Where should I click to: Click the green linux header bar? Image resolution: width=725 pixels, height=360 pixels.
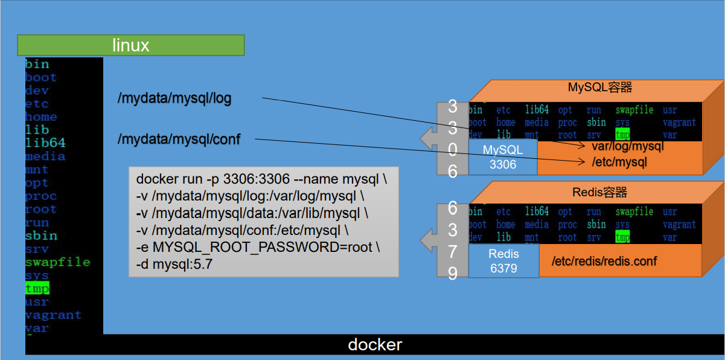(x=130, y=45)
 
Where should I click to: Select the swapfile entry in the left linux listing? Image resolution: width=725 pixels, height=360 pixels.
(x=57, y=262)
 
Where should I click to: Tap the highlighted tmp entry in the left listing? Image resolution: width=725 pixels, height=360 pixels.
(x=37, y=289)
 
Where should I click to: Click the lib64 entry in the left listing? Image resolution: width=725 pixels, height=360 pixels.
(x=45, y=143)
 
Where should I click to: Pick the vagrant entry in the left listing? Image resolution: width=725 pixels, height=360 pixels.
(x=53, y=315)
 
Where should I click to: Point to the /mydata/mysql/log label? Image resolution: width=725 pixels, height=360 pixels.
(x=174, y=98)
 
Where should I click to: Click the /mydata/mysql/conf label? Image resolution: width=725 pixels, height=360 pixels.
(x=179, y=140)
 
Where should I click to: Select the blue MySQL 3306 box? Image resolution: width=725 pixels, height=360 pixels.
(x=503, y=158)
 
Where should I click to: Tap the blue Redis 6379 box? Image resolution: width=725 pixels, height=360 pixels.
(x=503, y=261)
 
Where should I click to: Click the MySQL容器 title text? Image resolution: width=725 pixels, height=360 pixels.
(x=599, y=88)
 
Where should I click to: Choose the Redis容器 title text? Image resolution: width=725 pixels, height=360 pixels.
(x=599, y=192)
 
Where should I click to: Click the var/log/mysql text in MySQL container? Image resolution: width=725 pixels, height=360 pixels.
(x=627, y=146)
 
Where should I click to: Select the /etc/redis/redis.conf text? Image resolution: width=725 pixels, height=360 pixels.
(x=604, y=261)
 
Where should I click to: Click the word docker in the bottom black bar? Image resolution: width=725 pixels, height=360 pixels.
(x=375, y=344)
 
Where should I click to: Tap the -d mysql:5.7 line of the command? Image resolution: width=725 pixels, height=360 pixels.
(x=174, y=264)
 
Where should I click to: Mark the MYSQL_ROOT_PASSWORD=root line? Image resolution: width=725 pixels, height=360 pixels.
(x=258, y=248)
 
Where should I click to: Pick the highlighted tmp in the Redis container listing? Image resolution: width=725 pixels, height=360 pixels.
(x=622, y=237)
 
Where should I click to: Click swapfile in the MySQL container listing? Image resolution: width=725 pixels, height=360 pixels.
(x=634, y=110)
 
